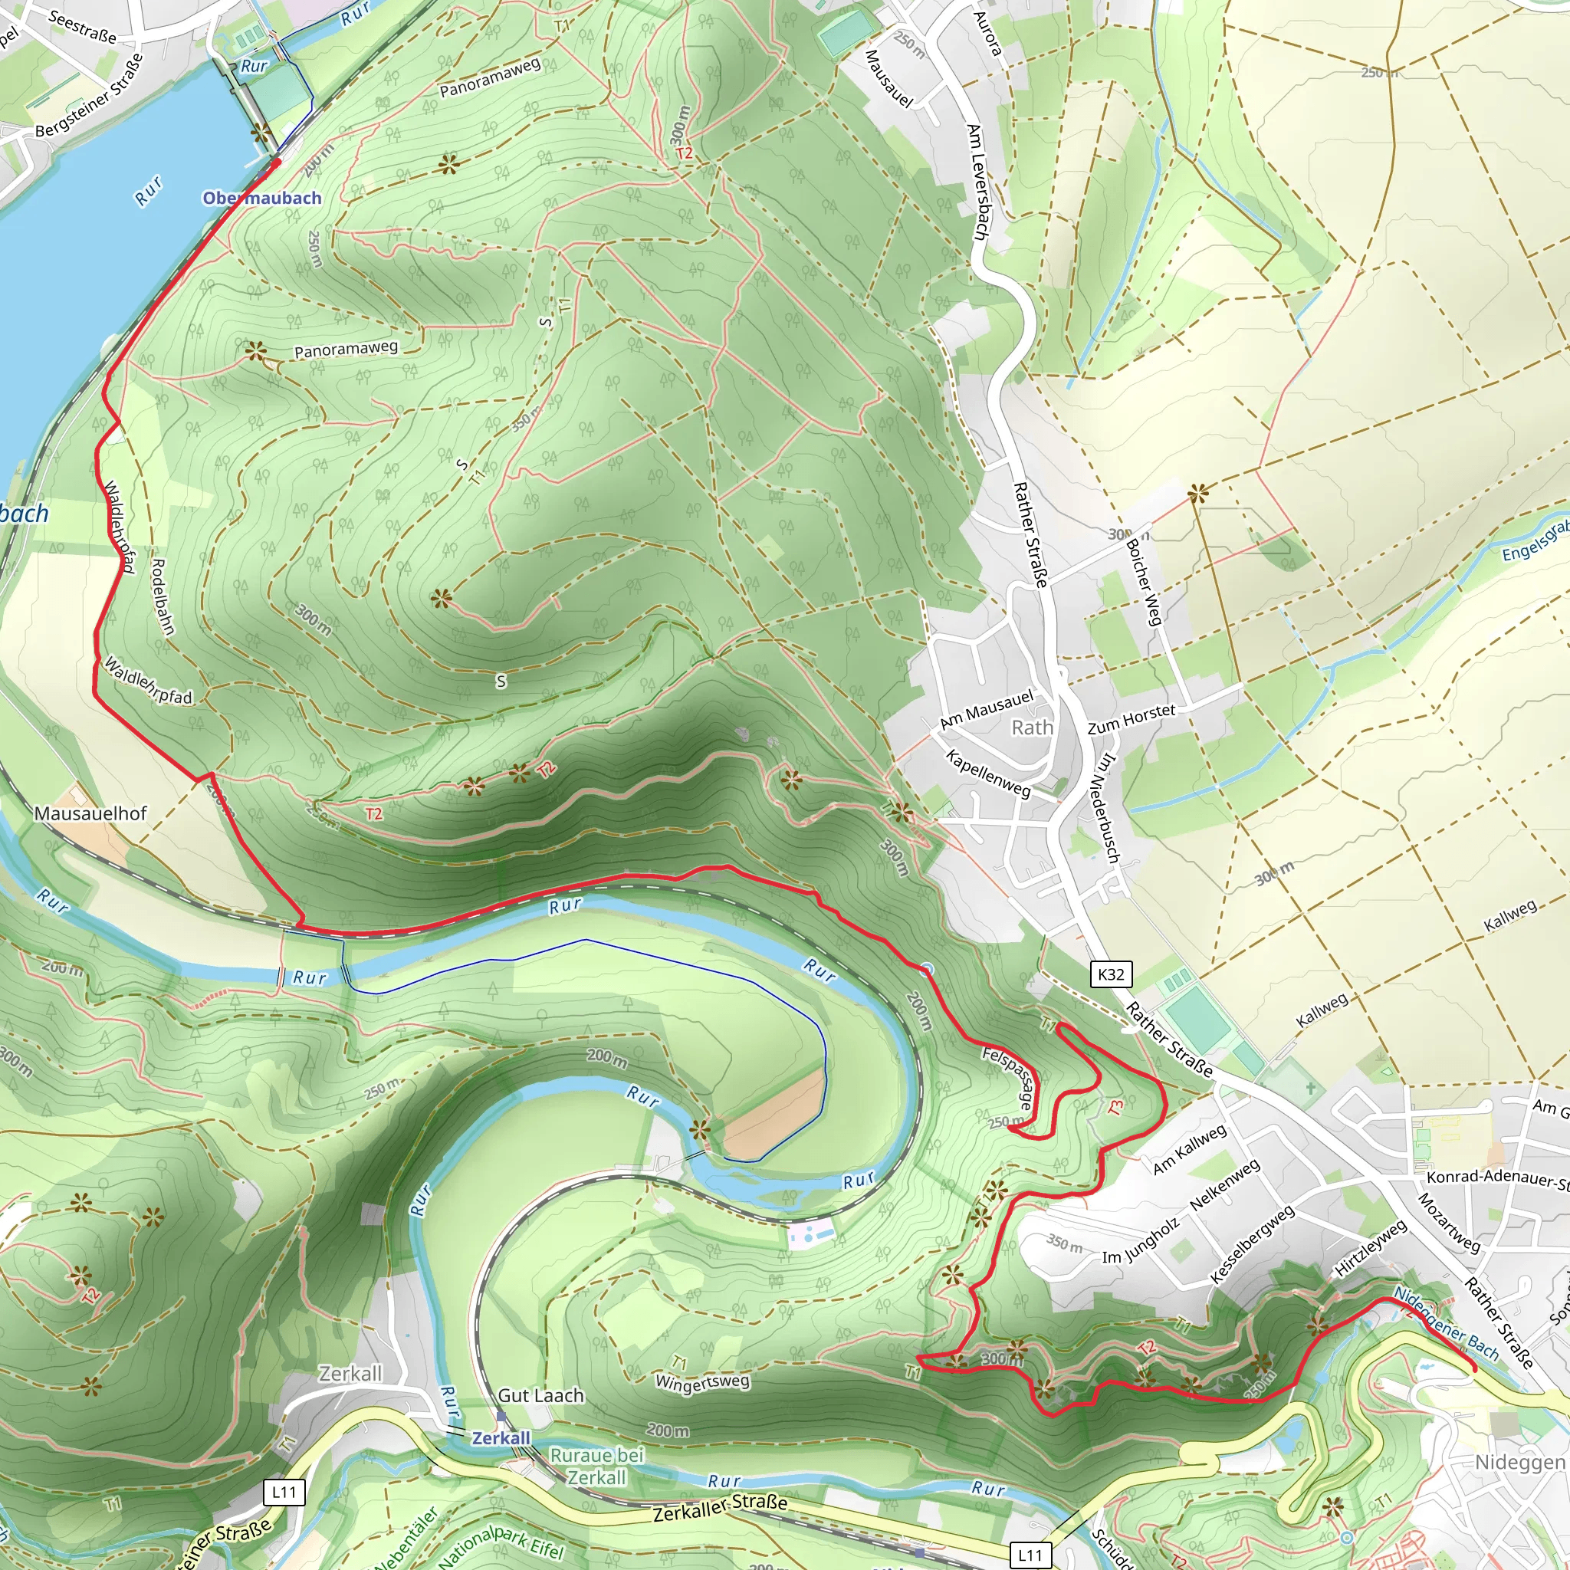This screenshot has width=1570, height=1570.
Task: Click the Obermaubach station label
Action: [261, 199]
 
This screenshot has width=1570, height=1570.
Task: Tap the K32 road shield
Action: [1111, 974]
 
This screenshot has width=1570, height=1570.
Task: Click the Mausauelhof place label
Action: [90, 813]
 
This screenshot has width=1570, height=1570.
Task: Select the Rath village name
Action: [1031, 728]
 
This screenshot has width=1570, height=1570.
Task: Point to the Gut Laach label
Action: [540, 1395]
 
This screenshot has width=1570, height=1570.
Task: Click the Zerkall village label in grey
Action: [350, 1373]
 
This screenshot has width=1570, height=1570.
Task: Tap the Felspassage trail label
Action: [1009, 1079]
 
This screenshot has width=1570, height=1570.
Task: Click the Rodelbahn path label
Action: [163, 596]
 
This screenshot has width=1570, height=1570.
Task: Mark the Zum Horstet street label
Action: [1132, 718]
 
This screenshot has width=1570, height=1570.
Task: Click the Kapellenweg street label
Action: [987, 773]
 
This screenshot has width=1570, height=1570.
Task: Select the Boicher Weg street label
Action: [1143, 582]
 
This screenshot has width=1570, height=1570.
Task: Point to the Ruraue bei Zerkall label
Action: [596, 1466]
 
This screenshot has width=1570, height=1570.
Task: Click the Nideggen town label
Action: [1519, 1463]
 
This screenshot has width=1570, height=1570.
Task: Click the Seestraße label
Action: [81, 26]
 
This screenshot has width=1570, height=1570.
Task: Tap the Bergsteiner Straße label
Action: [90, 96]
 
